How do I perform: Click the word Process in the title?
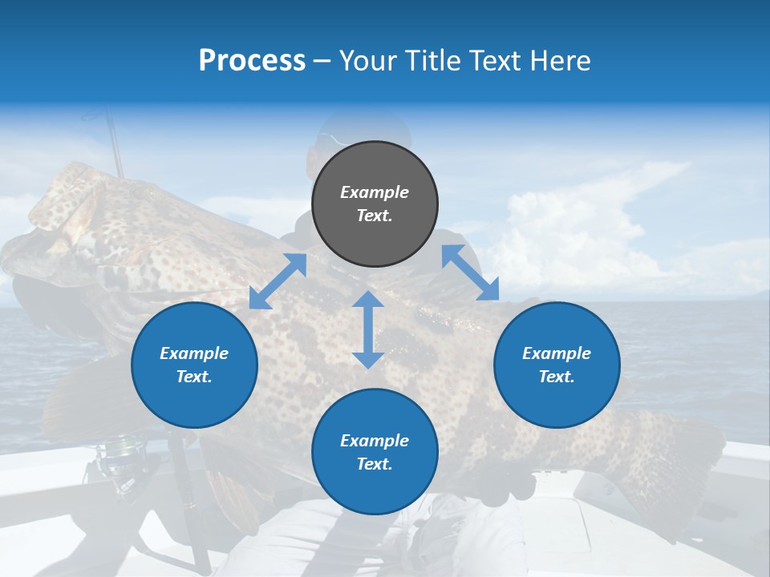tap(252, 61)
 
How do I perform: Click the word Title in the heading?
tap(434, 61)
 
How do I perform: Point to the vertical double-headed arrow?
tap(368, 329)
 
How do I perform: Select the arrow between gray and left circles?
tap(278, 281)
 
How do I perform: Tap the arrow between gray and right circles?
tap(470, 272)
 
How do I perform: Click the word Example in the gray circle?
tap(375, 192)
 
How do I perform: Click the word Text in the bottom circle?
tap(373, 464)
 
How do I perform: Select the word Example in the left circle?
tap(194, 353)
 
